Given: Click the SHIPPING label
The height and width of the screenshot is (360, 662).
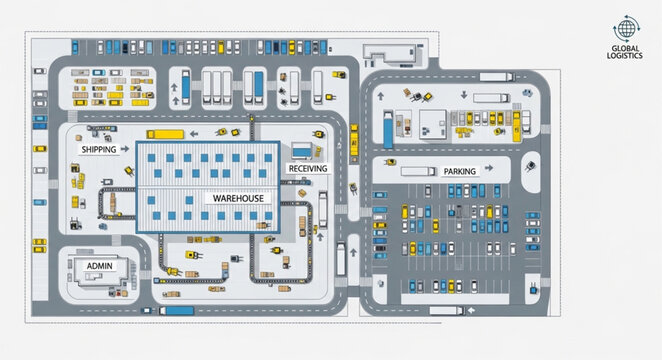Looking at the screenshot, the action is coord(99,149).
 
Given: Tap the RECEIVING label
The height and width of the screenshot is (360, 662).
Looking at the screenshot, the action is coord(307,169).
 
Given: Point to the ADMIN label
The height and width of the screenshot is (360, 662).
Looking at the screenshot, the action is coord(100,265).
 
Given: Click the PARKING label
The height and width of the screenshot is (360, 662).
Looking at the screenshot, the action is coord(459,172).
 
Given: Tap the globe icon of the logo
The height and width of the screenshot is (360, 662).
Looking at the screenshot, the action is coord(626,30).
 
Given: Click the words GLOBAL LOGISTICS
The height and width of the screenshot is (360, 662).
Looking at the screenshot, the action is coord(626,53).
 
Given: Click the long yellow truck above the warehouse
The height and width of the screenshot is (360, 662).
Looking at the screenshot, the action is coord(166,133).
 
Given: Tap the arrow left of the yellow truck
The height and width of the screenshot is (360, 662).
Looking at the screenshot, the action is coord(195,133).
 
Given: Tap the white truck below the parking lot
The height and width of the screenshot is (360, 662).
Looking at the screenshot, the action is coord(446,310).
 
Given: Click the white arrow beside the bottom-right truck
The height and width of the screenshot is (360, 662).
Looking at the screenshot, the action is coord(475,311).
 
